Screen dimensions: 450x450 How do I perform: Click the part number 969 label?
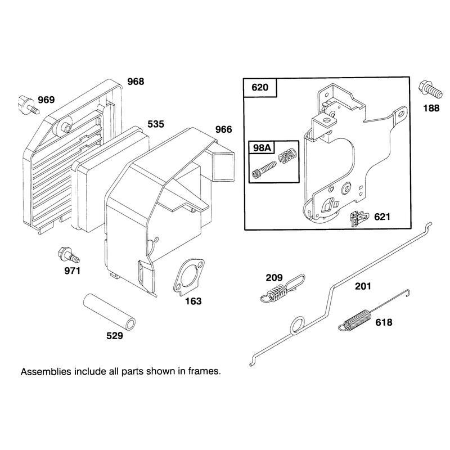[46, 100]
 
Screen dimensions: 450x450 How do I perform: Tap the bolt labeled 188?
[431, 89]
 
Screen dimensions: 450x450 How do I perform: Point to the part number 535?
[156, 124]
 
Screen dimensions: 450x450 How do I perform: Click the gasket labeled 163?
[188, 277]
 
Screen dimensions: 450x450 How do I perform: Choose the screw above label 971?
[69, 255]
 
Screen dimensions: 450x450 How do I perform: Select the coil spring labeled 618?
[374, 312]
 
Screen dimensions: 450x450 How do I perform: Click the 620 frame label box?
[260, 87]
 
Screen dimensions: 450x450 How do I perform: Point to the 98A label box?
[262, 147]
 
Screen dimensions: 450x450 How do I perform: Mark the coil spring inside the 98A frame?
[287, 156]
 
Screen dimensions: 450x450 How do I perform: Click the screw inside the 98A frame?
[264, 170]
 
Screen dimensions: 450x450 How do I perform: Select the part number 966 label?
[223, 129]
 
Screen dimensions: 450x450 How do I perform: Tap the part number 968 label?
[136, 82]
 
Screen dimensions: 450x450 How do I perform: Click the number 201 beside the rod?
[363, 286]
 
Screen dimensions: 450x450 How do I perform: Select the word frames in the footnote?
[204, 371]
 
